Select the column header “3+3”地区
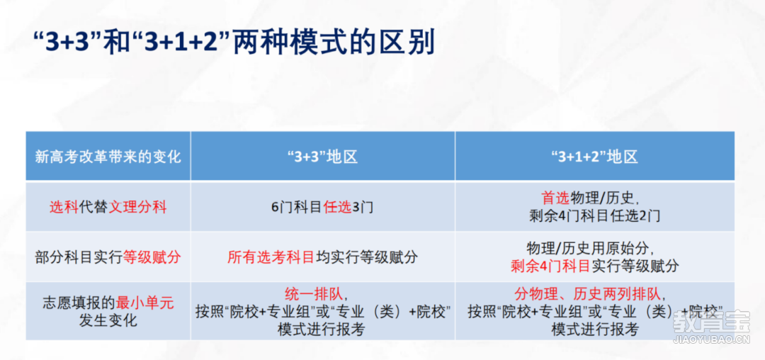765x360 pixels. (x=323, y=157)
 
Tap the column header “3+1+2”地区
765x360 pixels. (x=594, y=157)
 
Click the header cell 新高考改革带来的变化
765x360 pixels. (x=108, y=157)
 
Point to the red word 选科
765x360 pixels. (x=64, y=207)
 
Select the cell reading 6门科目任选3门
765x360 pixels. (x=322, y=207)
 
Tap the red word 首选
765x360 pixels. (x=556, y=198)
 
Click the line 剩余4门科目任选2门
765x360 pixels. (x=594, y=215)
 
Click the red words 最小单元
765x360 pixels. (x=145, y=303)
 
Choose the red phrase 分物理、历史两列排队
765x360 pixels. (x=587, y=294)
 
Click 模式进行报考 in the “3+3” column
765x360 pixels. (x=322, y=330)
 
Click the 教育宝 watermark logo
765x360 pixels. (x=710, y=322)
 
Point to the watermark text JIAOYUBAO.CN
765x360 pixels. (x=711, y=340)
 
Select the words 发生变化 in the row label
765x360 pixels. (x=108, y=320)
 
